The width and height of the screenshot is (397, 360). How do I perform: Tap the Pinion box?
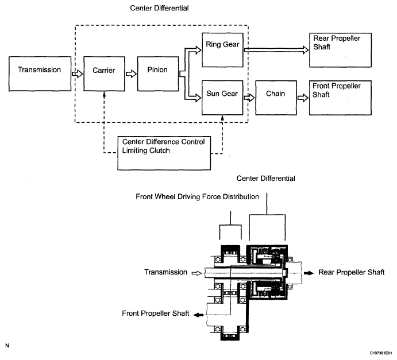click(157, 74)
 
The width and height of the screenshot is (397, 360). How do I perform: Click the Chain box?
click(276, 98)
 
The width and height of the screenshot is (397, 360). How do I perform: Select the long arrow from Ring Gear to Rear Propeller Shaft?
click(275, 50)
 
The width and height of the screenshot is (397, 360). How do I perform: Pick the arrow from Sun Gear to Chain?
click(249, 98)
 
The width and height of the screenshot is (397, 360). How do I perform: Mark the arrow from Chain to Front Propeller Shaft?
click(302, 98)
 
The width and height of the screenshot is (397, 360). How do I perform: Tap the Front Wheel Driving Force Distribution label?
click(197, 196)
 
